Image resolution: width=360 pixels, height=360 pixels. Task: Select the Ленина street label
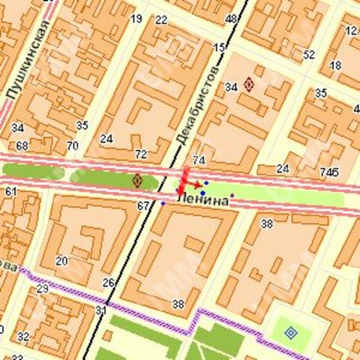point(202,202)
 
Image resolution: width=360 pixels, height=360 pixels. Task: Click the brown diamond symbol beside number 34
point(249,84)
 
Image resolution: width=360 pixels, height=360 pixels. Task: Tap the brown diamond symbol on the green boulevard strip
point(137,180)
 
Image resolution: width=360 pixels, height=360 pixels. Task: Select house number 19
point(136,19)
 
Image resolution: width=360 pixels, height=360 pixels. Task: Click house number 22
point(162,20)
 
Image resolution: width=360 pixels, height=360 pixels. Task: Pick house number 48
point(231,19)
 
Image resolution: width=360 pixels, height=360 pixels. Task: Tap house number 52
point(309,54)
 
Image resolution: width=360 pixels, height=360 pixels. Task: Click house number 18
point(335,66)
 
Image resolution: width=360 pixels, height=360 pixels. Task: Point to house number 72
point(140,154)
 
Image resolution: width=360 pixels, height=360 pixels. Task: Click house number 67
point(143,206)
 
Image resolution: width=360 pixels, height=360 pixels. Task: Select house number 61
point(10,191)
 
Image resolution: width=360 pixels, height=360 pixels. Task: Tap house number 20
point(62,261)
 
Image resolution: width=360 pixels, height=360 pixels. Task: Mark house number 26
point(109,282)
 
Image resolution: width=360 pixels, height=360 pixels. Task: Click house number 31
point(101,311)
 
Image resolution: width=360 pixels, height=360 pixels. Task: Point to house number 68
point(22,145)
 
